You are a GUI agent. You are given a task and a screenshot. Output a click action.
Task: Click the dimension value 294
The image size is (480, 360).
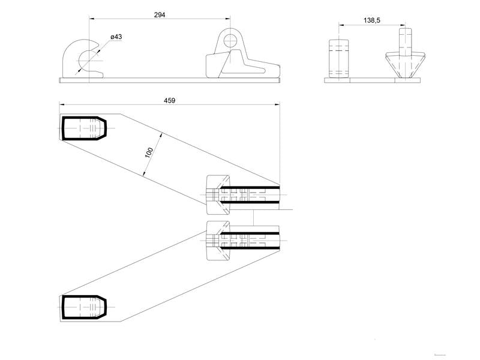160,14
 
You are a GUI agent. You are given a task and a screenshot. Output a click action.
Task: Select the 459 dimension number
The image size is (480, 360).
169,100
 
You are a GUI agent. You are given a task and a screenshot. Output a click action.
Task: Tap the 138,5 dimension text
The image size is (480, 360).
372,20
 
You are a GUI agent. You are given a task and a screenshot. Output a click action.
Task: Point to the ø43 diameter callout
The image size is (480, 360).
116,37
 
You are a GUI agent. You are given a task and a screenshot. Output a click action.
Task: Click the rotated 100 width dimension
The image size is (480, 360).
149,152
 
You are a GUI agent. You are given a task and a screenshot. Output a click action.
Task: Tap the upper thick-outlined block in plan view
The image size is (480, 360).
84,128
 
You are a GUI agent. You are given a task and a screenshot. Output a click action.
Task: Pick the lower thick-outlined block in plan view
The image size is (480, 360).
84,307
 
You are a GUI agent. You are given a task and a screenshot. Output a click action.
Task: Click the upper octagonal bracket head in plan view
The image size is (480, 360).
218,194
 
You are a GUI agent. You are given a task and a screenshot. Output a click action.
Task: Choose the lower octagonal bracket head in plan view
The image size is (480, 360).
218,241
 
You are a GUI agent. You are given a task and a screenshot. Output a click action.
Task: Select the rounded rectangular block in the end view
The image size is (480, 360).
339,58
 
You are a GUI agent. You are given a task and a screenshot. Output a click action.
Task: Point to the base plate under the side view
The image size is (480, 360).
170,80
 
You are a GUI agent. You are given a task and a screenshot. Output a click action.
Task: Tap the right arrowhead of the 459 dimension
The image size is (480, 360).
278,104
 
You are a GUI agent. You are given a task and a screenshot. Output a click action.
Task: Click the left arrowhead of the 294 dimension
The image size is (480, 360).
91,19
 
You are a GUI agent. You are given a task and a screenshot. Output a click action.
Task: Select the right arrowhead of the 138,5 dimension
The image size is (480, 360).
403,25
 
